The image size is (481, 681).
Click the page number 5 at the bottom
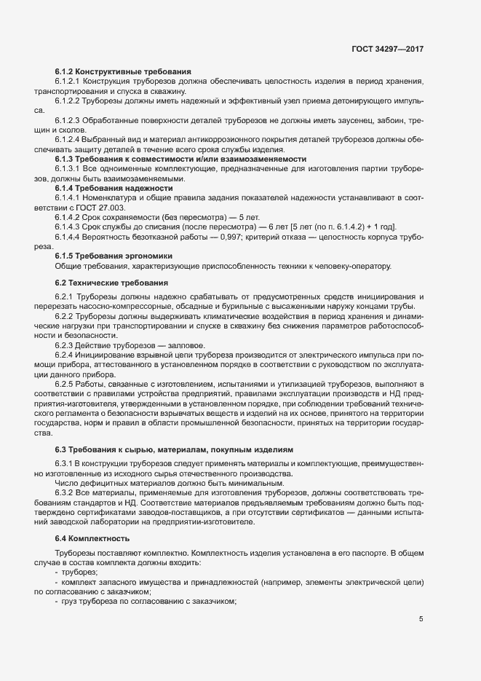421,619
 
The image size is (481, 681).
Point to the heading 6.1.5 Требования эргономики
114,256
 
